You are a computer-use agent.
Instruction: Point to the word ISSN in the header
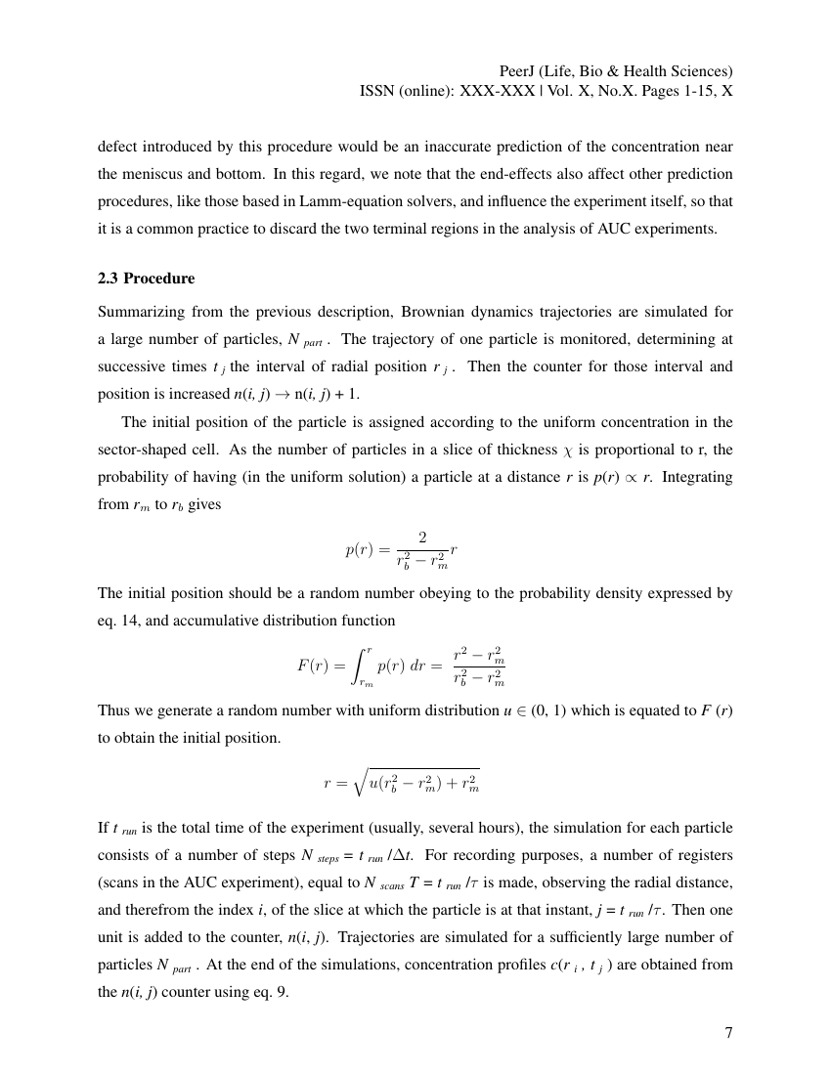click(381, 91)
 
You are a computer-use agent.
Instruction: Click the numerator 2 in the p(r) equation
click(422, 537)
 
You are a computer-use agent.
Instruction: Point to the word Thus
click(113, 710)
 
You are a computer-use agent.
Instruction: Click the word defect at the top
click(117, 147)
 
